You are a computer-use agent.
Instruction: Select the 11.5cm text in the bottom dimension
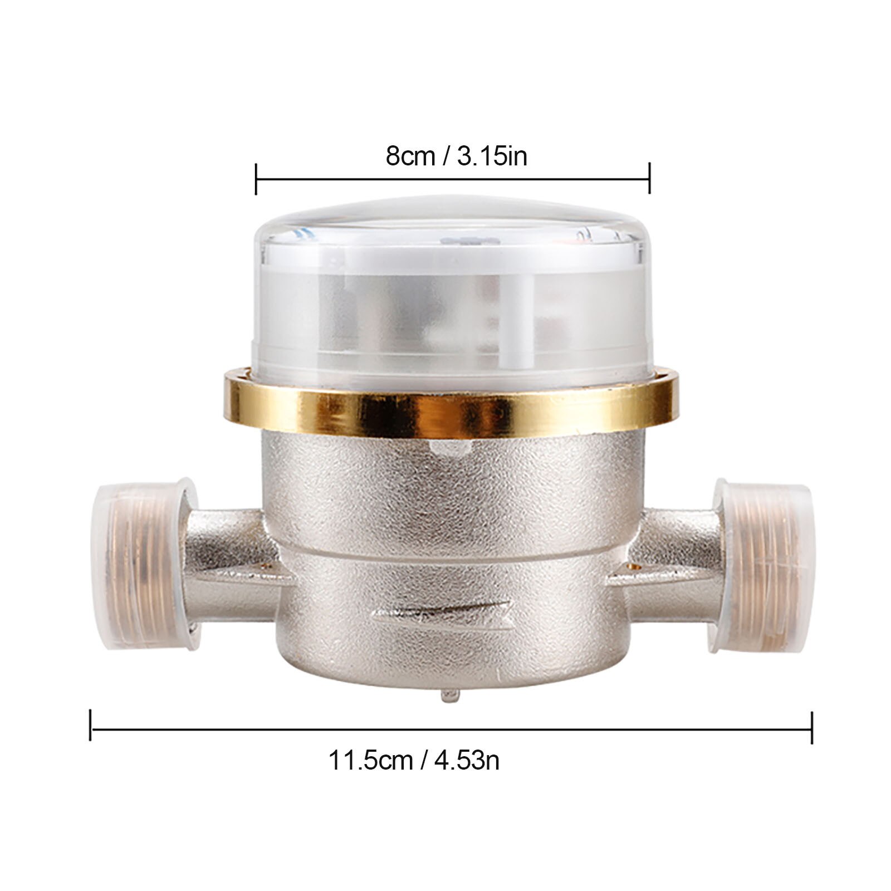pos(370,760)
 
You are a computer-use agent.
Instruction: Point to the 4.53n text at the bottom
pos(467,760)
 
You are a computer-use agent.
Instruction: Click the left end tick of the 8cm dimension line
pos(256,179)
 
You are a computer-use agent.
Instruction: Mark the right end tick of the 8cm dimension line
pos(649,179)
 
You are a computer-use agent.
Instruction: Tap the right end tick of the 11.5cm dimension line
pos(812,728)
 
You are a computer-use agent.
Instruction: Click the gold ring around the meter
pos(451,409)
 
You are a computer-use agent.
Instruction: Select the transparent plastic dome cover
pos(451,290)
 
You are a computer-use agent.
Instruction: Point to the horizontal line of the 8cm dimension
pos(451,179)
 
